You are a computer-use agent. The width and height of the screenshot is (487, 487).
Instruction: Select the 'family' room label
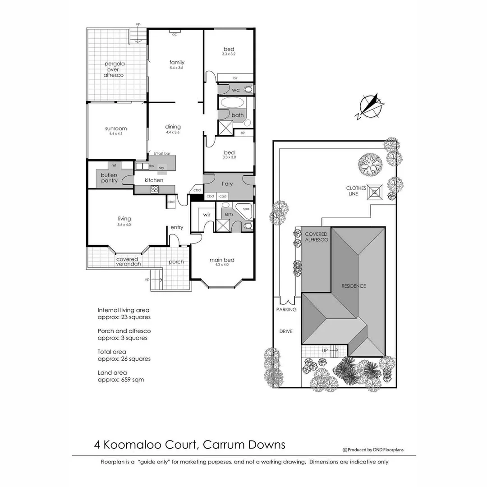(177, 62)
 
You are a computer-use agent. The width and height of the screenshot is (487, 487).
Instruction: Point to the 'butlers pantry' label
(109, 178)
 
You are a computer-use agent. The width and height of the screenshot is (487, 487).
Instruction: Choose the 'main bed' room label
(222, 260)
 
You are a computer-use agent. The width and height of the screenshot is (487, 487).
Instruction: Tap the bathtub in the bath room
(231, 102)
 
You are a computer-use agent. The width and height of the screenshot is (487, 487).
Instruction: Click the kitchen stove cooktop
(156, 189)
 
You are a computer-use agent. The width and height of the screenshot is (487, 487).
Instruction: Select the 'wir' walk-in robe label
(207, 215)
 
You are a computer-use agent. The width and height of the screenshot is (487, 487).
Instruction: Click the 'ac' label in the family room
(174, 34)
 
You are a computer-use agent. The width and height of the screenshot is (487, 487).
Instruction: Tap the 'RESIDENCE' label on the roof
(354, 286)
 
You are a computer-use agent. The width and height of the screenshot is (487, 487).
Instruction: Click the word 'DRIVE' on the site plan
(285, 331)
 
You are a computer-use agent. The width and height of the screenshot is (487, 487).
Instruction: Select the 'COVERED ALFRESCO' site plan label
(316, 237)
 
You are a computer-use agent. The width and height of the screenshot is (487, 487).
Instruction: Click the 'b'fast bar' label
(161, 154)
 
